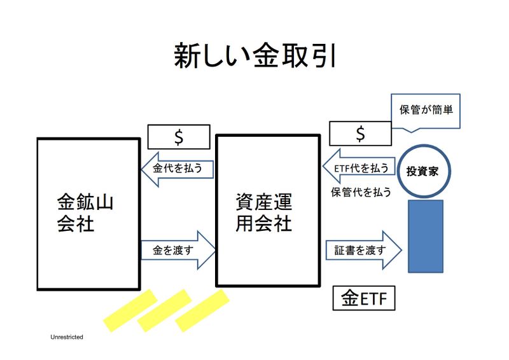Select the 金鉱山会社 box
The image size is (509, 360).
click(88, 214)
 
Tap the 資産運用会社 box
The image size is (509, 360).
click(267, 210)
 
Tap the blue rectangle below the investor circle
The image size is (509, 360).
click(425, 235)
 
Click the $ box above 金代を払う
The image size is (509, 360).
click(179, 136)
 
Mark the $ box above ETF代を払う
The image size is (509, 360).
click(360, 134)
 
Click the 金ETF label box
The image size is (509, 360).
click(364, 298)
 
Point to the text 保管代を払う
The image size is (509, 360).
click(358, 191)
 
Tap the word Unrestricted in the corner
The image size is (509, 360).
click(67, 336)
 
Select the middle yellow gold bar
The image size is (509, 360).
click(164, 310)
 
